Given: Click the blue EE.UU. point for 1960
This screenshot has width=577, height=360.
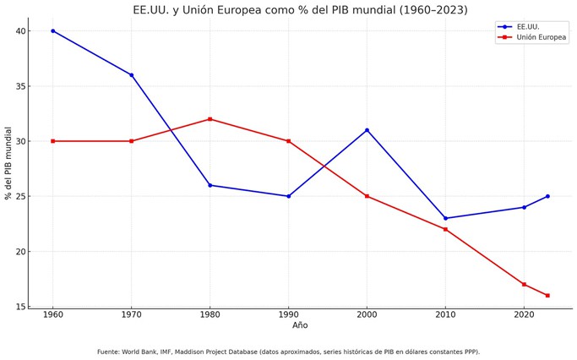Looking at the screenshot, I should (x=52, y=31).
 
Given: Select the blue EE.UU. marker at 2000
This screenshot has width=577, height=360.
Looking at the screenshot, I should (x=367, y=130).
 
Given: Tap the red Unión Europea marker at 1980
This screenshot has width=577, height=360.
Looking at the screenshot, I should (x=210, y=119).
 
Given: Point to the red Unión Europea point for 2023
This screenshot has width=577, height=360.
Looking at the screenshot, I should (x=547, y=295).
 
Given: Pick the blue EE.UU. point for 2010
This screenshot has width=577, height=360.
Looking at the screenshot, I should (x=445, y=218).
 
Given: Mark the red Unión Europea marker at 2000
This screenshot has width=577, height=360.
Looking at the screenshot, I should (x=367, y=196).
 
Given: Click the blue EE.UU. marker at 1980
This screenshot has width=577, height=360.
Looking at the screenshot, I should (x=210, y=185).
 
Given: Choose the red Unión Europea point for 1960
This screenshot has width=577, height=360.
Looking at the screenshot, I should (x=52, y=141).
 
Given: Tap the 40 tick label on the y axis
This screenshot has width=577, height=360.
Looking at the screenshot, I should (x=20, y=31).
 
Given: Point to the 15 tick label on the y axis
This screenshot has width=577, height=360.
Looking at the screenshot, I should (x=20, y=307).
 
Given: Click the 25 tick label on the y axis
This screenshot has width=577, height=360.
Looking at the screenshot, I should (x=20, y=196).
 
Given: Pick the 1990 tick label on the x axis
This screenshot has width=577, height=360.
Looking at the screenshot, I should (x=288, y=314).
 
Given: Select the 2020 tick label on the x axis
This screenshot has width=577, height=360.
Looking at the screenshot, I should (x=524, y=314).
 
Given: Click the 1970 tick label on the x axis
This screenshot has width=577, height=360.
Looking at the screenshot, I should (x=131, y=314).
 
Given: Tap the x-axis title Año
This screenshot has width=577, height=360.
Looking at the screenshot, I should (x=300, y=325).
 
